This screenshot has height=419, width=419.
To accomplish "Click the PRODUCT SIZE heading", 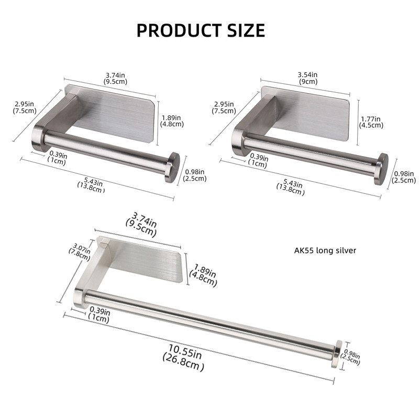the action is click(x=201, y=30).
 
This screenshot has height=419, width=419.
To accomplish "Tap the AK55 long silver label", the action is click(x=325, y=250).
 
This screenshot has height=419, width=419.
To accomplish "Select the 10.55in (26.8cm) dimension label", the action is click(x=184, y=357).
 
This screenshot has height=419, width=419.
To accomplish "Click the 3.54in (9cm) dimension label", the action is click(x=307, y=78).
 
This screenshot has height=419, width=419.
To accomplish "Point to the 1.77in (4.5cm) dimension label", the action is click(x=371, y=122).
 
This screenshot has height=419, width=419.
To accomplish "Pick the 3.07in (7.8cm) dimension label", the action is click(x=80, y=251).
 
